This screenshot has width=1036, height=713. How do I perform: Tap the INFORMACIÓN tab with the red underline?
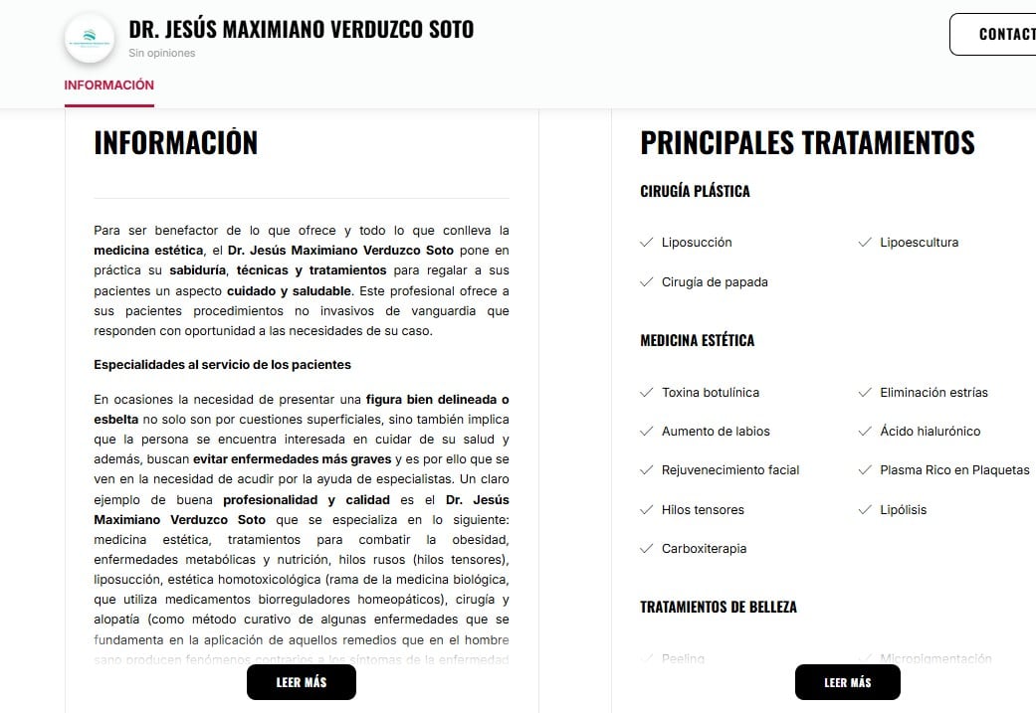point(108,86)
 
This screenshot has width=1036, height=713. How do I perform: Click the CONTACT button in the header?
point(995,34)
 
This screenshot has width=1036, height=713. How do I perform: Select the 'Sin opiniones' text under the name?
point(162,54)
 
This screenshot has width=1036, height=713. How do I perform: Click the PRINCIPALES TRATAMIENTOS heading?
point(807,142)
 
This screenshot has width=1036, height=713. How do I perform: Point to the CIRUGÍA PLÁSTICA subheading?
point(695,191)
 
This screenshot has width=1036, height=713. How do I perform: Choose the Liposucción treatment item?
point(697,243)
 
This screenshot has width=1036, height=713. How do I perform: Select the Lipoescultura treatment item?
point(919,243)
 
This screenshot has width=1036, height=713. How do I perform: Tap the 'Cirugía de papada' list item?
point(715,282)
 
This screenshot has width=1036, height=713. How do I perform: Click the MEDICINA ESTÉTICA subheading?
point(697,340)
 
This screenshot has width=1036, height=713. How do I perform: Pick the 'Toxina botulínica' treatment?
point(710,393)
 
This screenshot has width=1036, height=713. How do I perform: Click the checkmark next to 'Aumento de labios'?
point(647,432)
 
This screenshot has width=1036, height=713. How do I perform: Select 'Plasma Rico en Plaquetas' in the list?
point(953,470)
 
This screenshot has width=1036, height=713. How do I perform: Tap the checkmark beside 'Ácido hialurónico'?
point(865,432)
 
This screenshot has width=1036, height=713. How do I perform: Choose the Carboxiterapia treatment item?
point(704,549)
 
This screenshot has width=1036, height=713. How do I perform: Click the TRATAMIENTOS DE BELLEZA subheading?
point(718,607)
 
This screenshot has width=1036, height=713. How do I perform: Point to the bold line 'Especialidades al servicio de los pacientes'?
point(222,365)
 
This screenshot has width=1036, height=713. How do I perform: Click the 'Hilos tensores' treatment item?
point(703,510)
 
